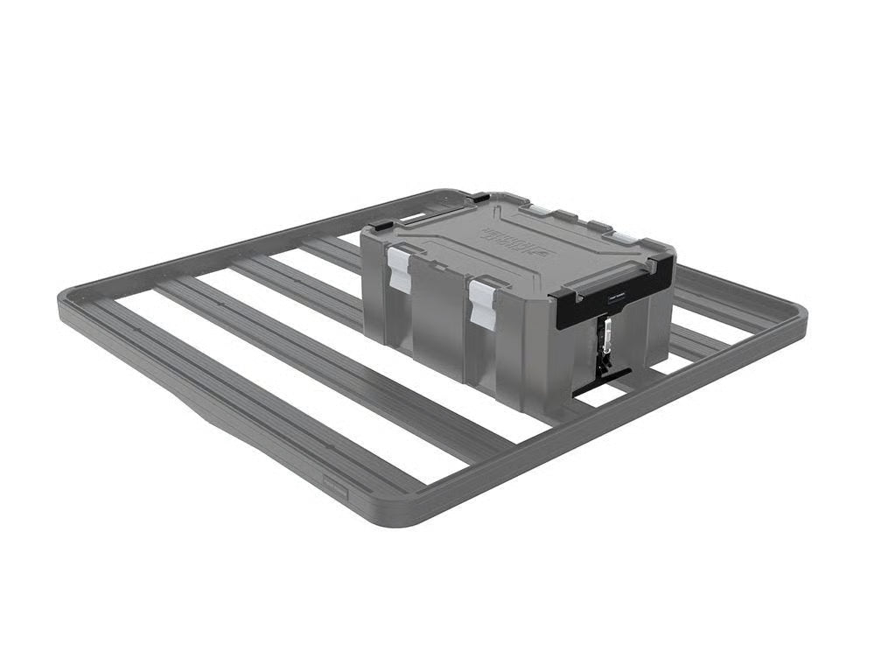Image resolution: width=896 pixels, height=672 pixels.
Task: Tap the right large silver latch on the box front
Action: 482,303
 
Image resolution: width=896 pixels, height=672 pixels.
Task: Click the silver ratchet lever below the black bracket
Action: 604,336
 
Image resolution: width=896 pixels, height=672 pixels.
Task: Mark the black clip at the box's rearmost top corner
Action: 479,199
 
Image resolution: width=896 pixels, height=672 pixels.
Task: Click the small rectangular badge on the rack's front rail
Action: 336,493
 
